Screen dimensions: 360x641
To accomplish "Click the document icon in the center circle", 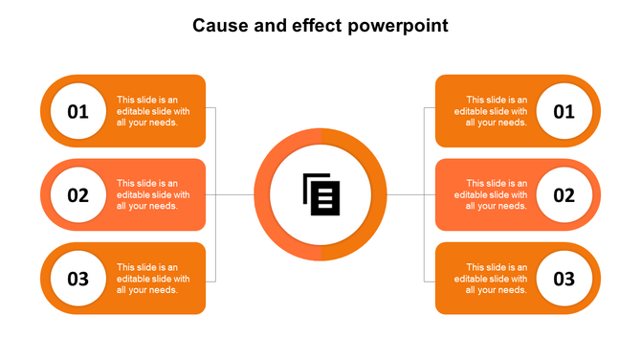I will click(320, 194).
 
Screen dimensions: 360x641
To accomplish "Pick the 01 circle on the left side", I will click(77, 111).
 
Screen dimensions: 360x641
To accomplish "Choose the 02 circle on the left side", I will click(77, 195).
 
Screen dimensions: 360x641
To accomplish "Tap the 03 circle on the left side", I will click(77, 279).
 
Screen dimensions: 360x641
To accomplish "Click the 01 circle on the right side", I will click(564, 111).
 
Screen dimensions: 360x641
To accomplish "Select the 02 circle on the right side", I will click(564, 195).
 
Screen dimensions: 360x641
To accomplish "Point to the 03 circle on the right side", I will click(564, 279).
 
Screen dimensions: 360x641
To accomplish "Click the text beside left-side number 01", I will click(153, 111).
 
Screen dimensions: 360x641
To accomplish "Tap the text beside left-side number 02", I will click(153, 194).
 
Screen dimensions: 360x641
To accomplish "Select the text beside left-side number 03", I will click(153, 279).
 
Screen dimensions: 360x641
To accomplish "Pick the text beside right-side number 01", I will click(491, 111).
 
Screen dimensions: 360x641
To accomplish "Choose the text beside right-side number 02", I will click(491, 194).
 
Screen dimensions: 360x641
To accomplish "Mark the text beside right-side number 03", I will click(491, 279).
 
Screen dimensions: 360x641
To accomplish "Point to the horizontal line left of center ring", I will click(234, 194).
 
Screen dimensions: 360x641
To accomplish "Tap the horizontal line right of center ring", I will click(406, 194).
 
